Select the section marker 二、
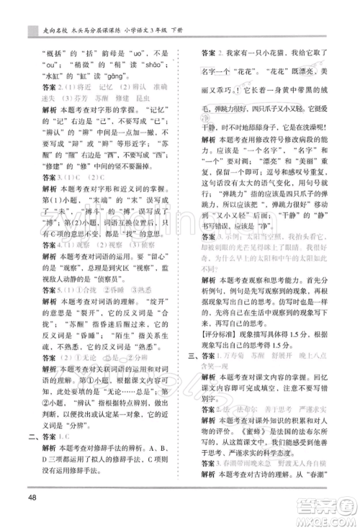(x=32, y=434)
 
